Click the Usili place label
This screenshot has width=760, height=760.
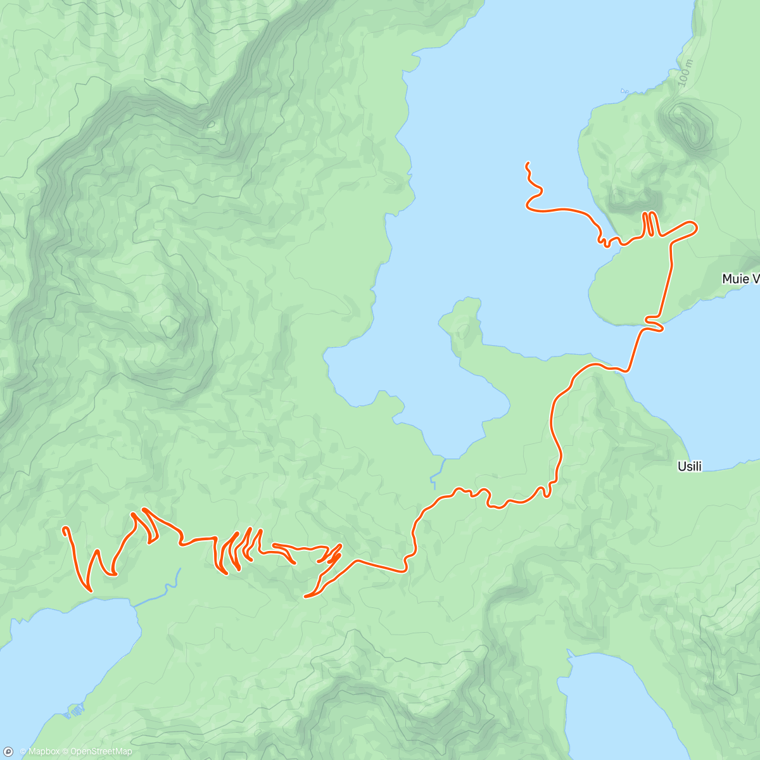(x=689, y=467)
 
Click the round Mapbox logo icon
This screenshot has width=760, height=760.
(x=9, y=751)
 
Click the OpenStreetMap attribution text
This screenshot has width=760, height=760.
(x=101, y=752)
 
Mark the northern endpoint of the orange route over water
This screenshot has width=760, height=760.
(x=527, y=164)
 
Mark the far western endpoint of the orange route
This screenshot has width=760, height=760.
(x=64, y=528)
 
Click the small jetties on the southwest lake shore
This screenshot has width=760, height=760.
(x=74, y=711)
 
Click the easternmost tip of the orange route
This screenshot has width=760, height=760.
(x=696, y=225)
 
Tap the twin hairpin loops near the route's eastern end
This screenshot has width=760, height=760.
(x=650, y=224)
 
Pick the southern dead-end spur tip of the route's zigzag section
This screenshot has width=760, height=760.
(x=307, y=595)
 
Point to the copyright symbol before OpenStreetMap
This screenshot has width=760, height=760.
(x=65, y=752)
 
